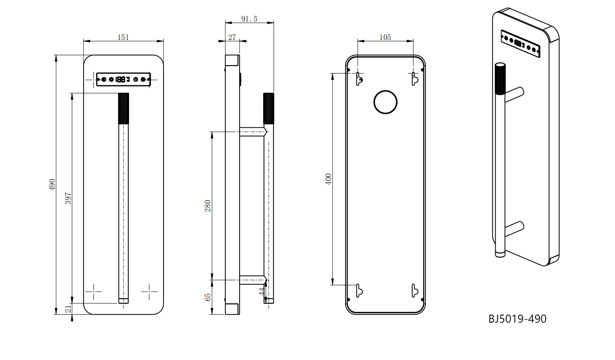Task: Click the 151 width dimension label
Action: pyautogui.click(x=123, y=37)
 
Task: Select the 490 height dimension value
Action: pyautogui.click(x=52, y=184)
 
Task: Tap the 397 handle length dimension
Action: pyautogui.click(x=68, y=198)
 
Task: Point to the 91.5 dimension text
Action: pyautogui.click(x=249, y=18)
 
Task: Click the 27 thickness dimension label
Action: pyautogui.click(x=232, y=37)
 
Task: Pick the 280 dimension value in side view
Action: pyautogui.click(x=208, y=206)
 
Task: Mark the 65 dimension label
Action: pyautogui.click(x=208, y=297)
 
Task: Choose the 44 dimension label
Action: pyautogui.click(x=261, y=292)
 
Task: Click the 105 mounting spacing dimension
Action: pyautogui.click(x=385, y=37)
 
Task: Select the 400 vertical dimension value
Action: pyautogui.click(x=328, y=179)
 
